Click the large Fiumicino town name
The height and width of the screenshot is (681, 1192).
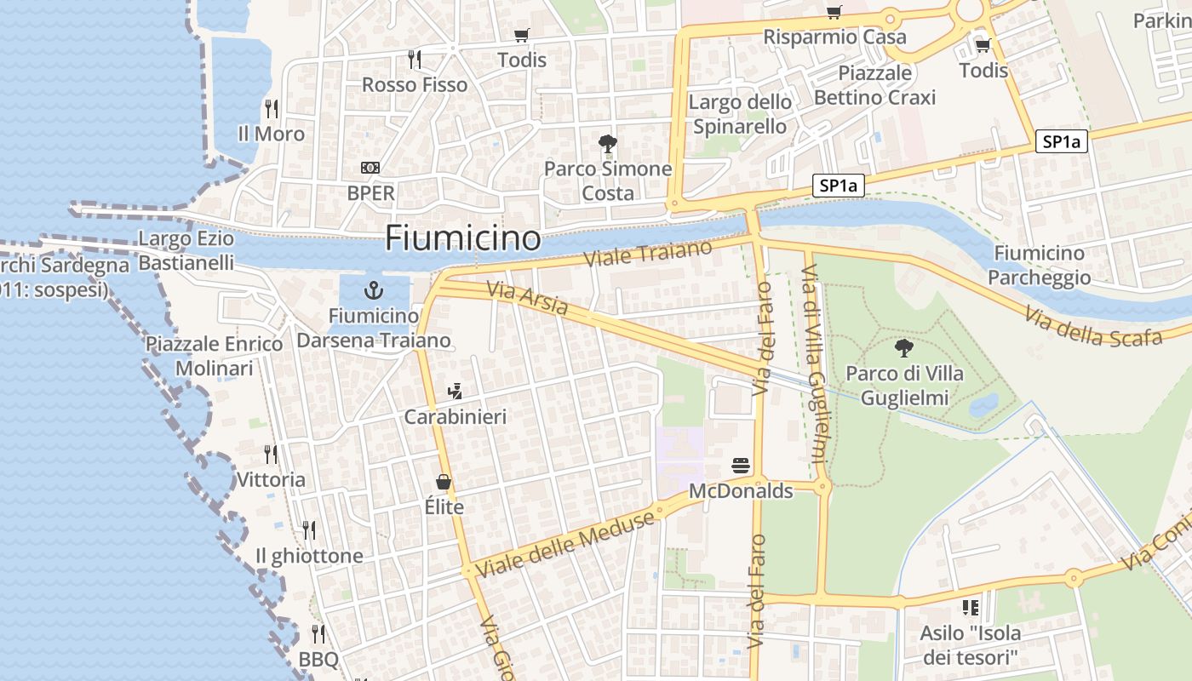[462, 238]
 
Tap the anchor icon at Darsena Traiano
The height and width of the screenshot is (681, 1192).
[373, 291]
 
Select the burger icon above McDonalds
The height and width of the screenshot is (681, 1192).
[741, 466]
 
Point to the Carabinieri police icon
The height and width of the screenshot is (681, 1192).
[455, 392]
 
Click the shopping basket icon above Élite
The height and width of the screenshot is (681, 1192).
[444, 483]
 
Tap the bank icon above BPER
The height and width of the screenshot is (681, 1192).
[370, 168]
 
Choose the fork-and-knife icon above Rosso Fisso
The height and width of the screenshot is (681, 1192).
[415, 59]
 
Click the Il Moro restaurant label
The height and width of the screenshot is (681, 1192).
[271, 134]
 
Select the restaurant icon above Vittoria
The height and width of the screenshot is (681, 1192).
[271, 454]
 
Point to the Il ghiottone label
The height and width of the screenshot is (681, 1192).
[309, 556]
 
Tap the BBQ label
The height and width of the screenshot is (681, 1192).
[318, 660]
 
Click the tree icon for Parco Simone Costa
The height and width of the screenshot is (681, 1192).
[607, 143]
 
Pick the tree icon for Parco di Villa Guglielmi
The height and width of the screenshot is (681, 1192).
[903, 347]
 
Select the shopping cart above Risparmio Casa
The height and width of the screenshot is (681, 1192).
[834, 12]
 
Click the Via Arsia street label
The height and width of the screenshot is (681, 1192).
[527, 298]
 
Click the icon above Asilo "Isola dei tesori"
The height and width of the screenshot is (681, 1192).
[970, 608]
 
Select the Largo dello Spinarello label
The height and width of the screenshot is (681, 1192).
[740, 114]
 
